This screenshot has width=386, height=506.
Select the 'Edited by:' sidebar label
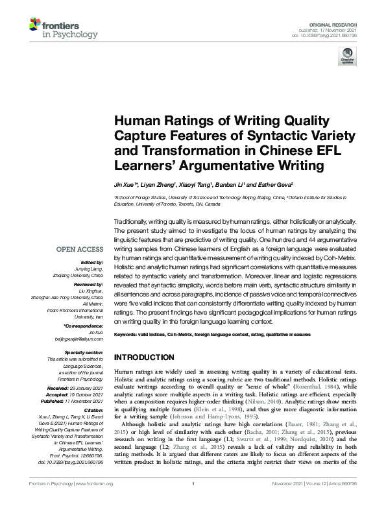91,264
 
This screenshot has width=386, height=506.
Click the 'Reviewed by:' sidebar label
88,284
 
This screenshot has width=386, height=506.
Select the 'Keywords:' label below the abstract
126,334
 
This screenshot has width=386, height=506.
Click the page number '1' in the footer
193,501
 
